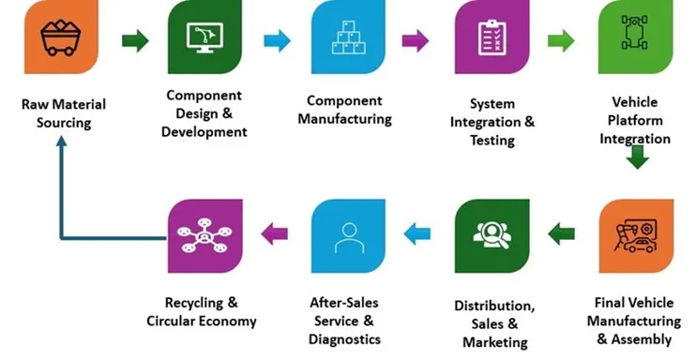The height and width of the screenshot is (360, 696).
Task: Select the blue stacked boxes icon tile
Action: pos(347,38)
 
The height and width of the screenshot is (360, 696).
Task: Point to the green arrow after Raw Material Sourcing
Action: pos(135,40)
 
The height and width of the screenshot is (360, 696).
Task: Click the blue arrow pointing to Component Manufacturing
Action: pos(278,40)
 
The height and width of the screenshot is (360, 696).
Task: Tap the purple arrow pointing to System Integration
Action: pos(416,40)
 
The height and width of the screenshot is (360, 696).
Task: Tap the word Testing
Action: pos(492,141)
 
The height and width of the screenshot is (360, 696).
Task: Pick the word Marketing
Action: pos(494,342)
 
